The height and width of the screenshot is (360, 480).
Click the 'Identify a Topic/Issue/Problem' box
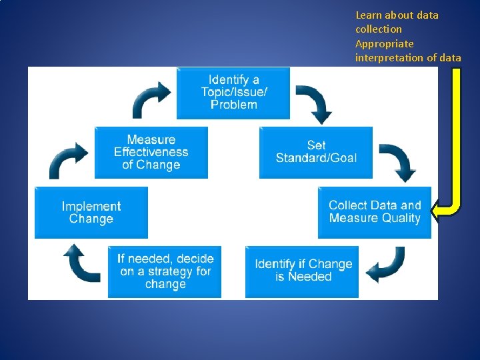click(x=233, y=93)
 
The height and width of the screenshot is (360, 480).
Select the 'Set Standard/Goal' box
click(x=316, y=152)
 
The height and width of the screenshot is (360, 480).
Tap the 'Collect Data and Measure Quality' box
click(x=374, y=212)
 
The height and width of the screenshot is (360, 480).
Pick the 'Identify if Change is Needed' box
click(x=302, y=271)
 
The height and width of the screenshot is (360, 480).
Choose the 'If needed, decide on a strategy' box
click(x=165, y=271)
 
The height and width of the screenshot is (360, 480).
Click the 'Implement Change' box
click(x=91, y=213)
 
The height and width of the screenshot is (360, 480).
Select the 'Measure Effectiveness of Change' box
click(x=151, y=153)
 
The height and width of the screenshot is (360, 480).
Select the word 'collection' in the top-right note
click(x=379, y=29)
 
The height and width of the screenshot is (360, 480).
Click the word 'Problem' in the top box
click(x=233, y=105)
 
